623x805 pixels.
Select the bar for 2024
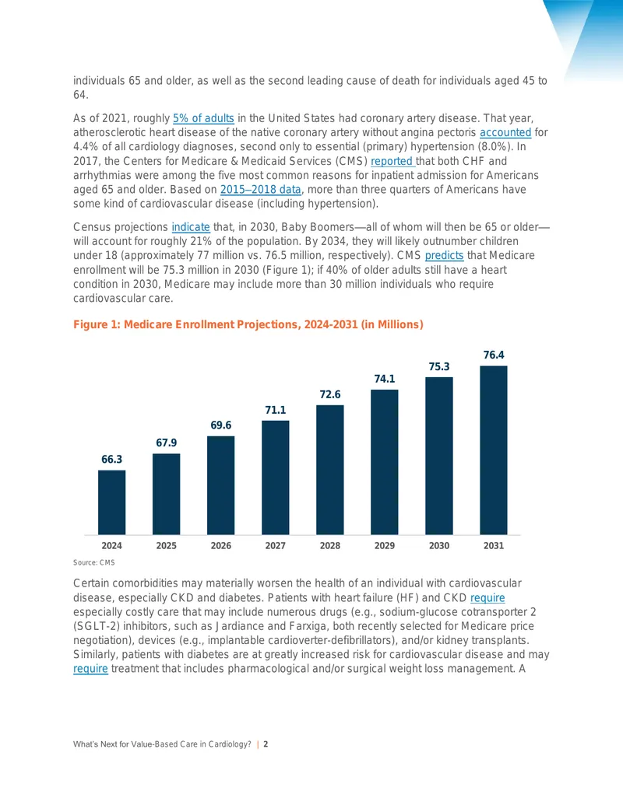[x=111, y=502]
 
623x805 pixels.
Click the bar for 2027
[x=276, y=478]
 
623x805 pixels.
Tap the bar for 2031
[x=494, y=450]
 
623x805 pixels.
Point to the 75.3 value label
[x=439, y=366]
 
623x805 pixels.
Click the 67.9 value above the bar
[x=167, y=443]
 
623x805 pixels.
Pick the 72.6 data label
[x=330, y=394]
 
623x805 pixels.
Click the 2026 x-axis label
[x=221, y=546]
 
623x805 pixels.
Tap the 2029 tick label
[x=385, y=546]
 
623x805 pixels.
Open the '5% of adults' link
[x=203, y=118]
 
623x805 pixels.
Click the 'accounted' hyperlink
[x=505, y=132]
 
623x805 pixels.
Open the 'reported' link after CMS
[x=392, y=161]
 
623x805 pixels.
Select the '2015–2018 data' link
[x=261, y=190]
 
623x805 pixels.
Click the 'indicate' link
[x=191, y=227]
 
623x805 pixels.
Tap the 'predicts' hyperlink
[x=444, y=256]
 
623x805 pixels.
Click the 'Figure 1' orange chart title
[x=248, y=324]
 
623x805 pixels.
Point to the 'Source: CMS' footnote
[x=94, y=562]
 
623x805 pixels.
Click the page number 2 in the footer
[x=266, y=744]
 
